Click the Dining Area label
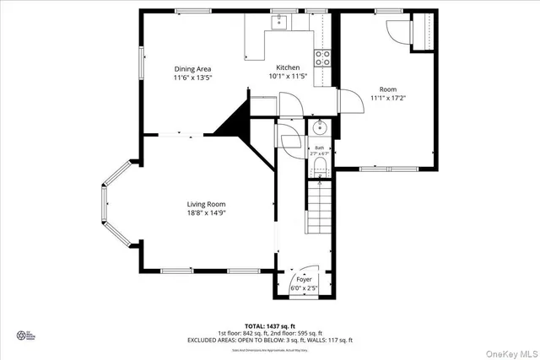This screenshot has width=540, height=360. tap(192, 69)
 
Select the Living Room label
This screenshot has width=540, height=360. tap(206, 204)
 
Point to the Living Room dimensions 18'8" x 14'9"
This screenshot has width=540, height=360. tap(206, 213)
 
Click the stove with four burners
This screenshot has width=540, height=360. tap(322, 57)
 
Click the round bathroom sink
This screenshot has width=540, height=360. tap(318, 128)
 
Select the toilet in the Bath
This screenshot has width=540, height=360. tap(319, 169)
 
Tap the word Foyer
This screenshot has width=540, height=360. tap(304, 279)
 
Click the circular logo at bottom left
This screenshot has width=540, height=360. tap(20, 335)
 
